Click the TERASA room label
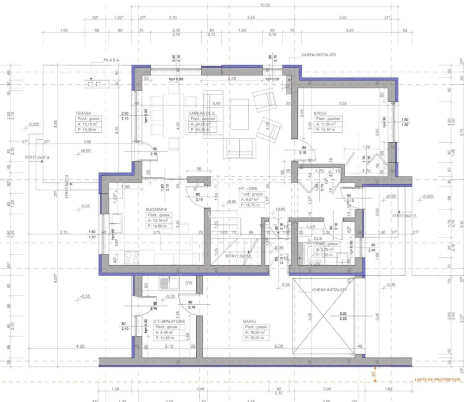click(82, 113)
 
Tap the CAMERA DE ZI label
click(203, 113)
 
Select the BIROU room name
click(320, 113)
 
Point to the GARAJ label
click(250, 322)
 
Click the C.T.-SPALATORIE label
click(169, 322)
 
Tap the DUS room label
click(318, 238)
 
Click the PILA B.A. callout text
click(111, 60)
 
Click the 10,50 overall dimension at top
click(264, 5)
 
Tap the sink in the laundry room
click(166, 283)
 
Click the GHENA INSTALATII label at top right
click(319, 55)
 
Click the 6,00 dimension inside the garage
click(278, 346)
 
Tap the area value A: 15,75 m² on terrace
click(88, 125)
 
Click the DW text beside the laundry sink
click(189, 283)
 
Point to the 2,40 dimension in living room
click(231, 79)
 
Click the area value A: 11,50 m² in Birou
click(328, 125)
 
